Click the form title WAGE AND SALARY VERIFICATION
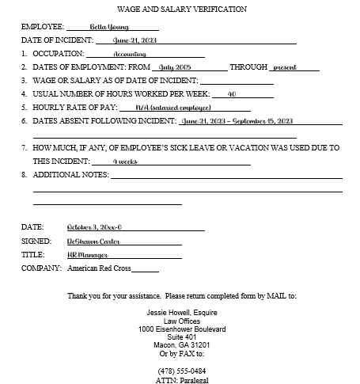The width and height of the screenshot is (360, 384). pos(181,10)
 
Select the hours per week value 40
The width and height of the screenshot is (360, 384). pos(232,93)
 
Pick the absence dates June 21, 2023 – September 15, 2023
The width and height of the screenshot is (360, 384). pos(237,121)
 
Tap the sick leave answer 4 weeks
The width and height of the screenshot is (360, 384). pos(123,161)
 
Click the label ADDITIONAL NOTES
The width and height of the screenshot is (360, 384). pos(66,174)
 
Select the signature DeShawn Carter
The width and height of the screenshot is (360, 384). pos(93,241)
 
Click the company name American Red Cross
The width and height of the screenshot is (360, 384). pos(99,269)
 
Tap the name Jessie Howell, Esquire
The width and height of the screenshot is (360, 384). pos(182,312)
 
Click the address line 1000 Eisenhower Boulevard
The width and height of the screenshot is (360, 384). pos(182,329)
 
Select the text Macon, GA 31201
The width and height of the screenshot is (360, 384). pos(182,345)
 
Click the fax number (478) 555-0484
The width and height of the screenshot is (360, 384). pos(182,371)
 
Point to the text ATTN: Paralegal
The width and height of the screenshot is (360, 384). pos(182,380)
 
